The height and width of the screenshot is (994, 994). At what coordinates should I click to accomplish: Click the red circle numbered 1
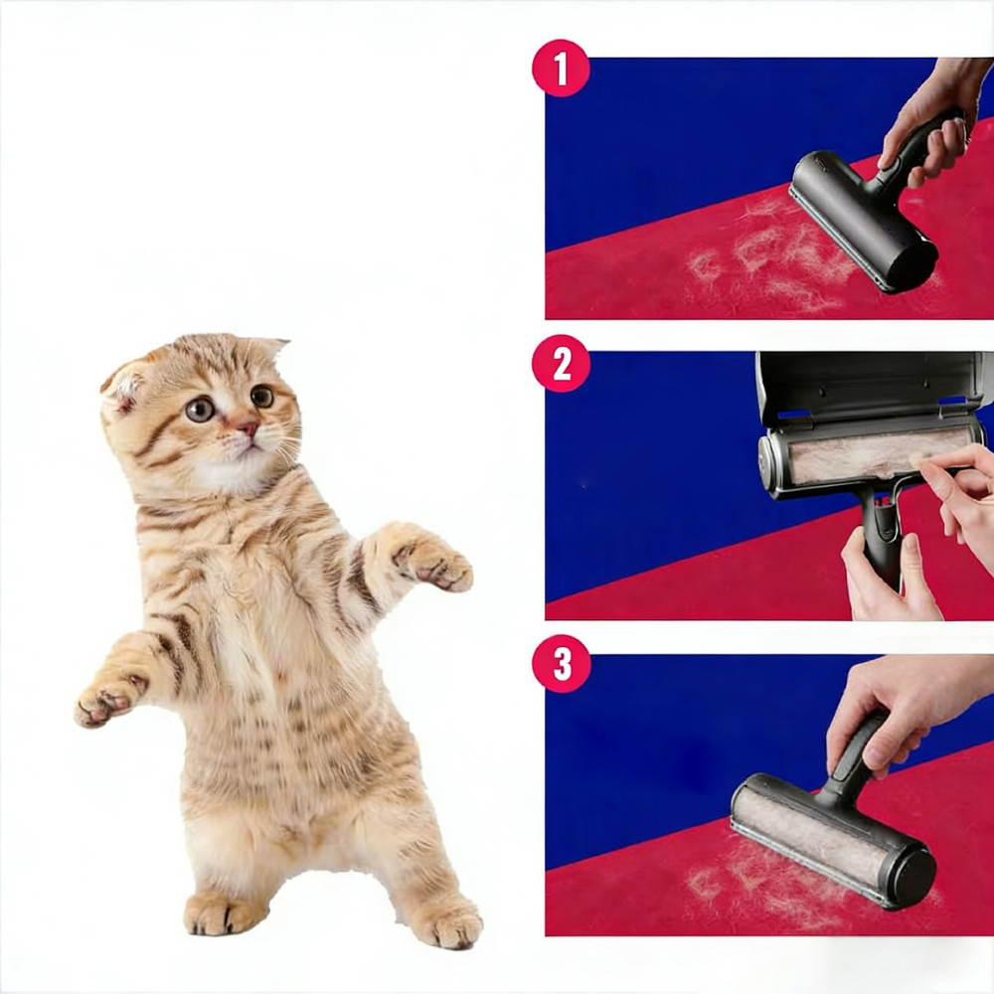tap(561, 69)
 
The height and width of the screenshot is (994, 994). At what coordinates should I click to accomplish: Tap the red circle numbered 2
tap(561, 364)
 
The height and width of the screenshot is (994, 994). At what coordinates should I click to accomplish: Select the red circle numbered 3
tap(561, 664)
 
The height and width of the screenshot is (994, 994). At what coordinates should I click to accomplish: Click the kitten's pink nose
tap(248, 429)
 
